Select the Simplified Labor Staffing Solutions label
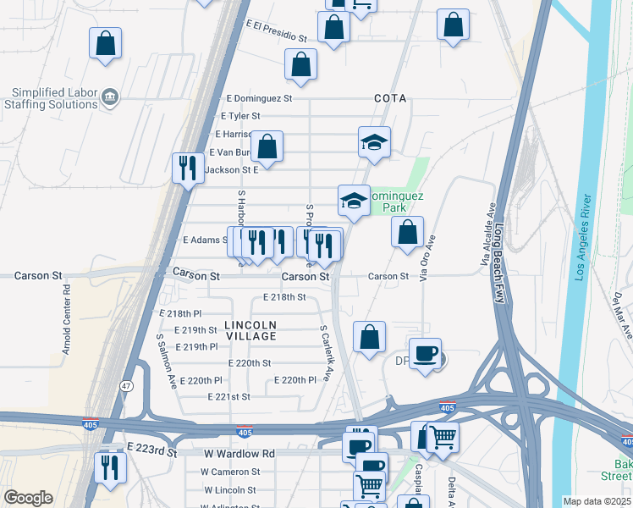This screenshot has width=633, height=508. coord(54,98)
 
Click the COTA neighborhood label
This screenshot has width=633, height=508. coord(390,98)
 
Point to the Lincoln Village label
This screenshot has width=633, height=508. coord(250,330)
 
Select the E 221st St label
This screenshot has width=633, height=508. coord(228,396)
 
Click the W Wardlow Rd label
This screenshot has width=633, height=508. coord(239,454)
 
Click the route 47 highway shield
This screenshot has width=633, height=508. coord(125,386)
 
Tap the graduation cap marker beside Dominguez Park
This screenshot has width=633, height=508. coord(354,201)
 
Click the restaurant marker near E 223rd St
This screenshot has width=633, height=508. coord(111,467)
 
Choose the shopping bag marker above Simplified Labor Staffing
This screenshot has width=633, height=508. coord(105,42)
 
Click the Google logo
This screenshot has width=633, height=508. coord(28,498)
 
